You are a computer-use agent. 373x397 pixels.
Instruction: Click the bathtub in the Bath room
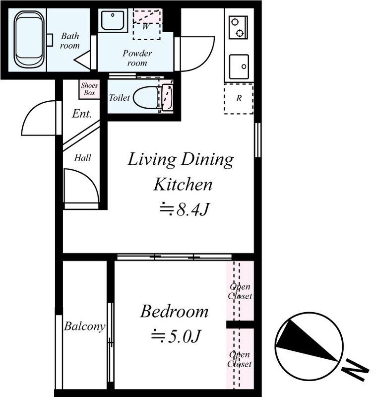click(28, 39)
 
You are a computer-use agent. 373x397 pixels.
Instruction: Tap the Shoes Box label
click(89, 89)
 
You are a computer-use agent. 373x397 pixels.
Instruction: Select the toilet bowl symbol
click(146, 98)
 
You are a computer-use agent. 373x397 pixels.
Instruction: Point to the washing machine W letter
click(145, 26)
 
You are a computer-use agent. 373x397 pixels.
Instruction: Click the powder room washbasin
click(113, 20)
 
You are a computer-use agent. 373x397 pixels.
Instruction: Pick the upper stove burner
click(235, 22)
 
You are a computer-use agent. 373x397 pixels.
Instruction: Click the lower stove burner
click(240, 33)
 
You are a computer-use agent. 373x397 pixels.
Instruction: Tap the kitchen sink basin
click(239, 67)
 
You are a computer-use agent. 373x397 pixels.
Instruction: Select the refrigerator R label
click(239, 98)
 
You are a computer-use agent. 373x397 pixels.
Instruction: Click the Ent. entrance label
click(81, 114)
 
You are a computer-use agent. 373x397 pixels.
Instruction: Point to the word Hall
click(82, 158)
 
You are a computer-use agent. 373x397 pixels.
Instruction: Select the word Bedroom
click(174, 312)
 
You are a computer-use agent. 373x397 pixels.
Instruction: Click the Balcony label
click(84, 327)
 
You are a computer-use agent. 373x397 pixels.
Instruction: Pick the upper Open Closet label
click(240, 291)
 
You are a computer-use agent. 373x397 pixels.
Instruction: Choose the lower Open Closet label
click(240, 359)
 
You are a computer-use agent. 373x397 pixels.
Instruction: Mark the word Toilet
click(119, 98)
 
